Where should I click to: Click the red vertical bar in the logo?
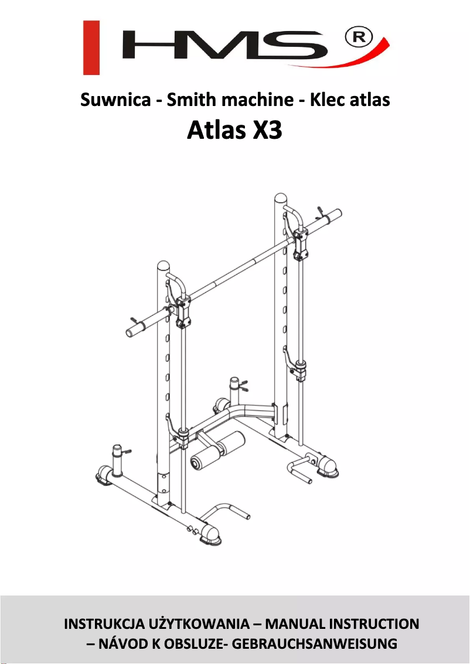coord(91,48)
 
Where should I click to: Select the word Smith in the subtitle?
coord(188,100)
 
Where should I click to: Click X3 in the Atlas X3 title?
coord(267,130)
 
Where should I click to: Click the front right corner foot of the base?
coord(211,533)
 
